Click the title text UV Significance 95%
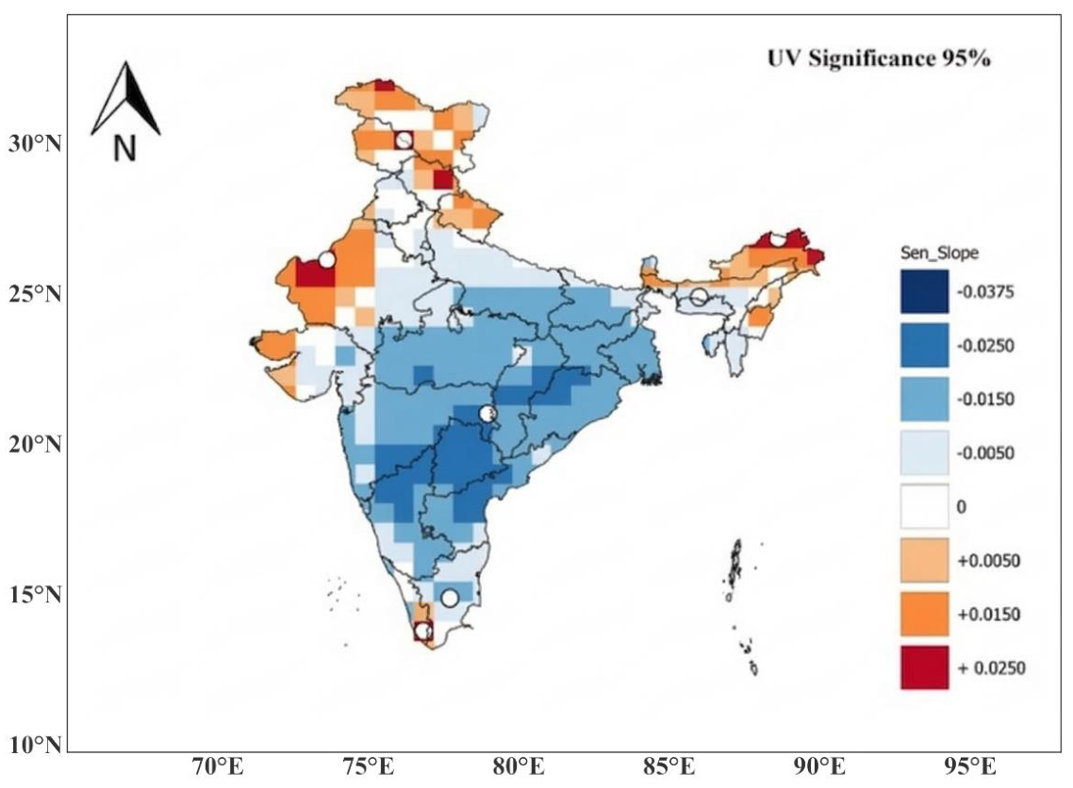pos(879,58)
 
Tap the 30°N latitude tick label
pos(35,143)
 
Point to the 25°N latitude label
pos(35,293)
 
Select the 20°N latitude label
pos(35,444)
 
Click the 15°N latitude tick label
pos(35,594)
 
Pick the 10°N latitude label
pos(35,744)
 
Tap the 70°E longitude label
pos(218,766)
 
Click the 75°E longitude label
pos(368,766)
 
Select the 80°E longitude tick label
pos(519,766)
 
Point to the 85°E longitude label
pos(669,766)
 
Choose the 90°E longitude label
pos(819,766)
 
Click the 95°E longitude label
pos(969,766)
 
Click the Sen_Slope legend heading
pos(939,254)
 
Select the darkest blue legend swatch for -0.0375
pos(925,291)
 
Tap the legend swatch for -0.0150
pos(925,399)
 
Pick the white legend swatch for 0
pos(925,506)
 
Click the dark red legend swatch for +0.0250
pos(925,667)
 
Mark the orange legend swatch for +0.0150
pos(925,614)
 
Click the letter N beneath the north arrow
pos(124,148)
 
